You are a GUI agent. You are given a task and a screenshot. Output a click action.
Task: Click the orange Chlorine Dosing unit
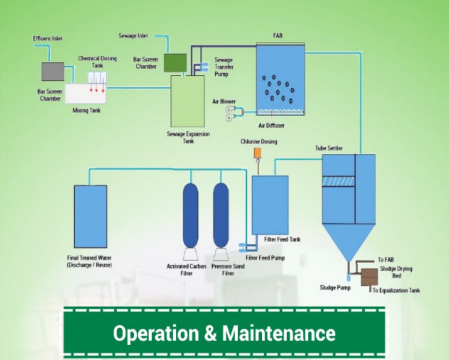pyautogui.click(x=257, y=153)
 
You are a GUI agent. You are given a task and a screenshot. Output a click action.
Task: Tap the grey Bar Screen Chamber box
pyautogui.click(x=53, y=72)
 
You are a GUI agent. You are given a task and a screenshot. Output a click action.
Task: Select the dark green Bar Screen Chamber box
pyautogui.click(x=175, y=62)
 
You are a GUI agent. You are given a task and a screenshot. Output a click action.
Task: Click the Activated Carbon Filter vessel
pyautogui.click(x=190, y=215)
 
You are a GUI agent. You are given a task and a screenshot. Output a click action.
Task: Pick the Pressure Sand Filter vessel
pyautogui.click(x=220, y=215)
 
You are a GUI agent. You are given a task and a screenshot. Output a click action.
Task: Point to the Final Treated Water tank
pyautogui.click(x=90, y=216)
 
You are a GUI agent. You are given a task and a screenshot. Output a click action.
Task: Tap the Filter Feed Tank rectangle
pyautogui.click(x=270, y=204)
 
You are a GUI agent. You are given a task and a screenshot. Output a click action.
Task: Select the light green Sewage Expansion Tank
pyautogui.click(x=187, y=101)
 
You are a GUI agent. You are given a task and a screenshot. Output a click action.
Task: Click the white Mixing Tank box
pyautogui.click(x=86, y=93)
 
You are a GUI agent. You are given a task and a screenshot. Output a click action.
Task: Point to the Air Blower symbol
pyautogui.click(x=231, y=114)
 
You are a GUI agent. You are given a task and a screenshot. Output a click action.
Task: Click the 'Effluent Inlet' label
pyautogui.click(x=48, y=39)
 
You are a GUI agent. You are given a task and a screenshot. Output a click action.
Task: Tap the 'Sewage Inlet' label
pyautogui.click(x=133, y=36)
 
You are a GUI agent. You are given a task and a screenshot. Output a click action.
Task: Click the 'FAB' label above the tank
pyautogui.click(x=277, y=36)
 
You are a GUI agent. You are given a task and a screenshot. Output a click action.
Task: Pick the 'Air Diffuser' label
pyautogui.click(x=272, y=126)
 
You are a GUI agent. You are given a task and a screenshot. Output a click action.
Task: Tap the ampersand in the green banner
pyautogui.click(x=211, y=333)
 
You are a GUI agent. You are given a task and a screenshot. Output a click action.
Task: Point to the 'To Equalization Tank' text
pyautogui.click(x=396, y=291)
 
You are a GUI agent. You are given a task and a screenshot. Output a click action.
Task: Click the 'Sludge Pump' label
pyautogui.click(x=335, y=288)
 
